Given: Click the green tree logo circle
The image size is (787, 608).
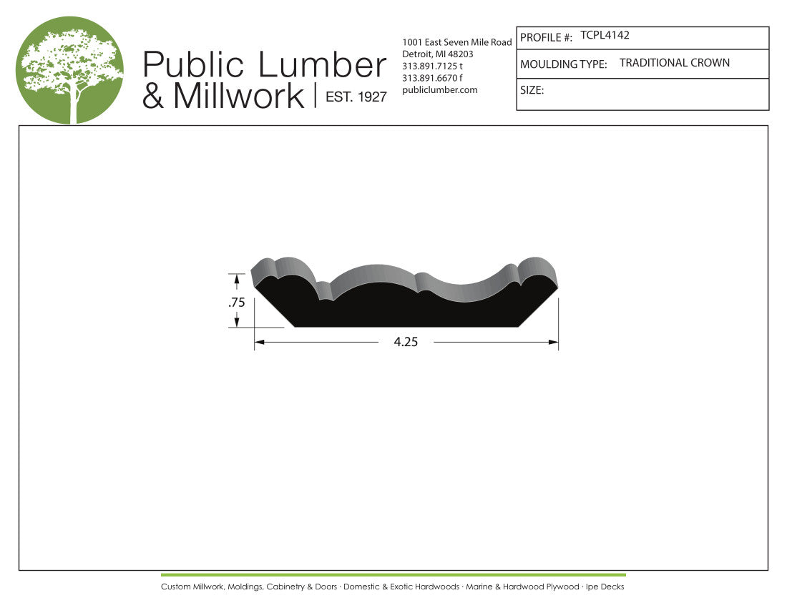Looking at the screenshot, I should pos(69,70).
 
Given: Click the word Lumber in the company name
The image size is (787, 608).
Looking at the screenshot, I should pos(322,65).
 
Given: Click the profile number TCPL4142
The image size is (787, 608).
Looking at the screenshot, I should pos(605,35).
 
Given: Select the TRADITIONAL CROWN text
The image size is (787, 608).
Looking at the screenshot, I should pos(675,63).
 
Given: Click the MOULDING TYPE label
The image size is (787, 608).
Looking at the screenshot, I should pos(563,64).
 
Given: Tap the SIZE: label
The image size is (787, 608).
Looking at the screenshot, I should pos(532,91).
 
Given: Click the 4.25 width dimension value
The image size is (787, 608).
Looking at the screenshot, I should pos(406,342).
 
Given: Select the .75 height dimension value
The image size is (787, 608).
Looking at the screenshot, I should pos(237,303).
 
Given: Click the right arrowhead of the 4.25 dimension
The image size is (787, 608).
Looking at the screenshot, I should pos(553,343).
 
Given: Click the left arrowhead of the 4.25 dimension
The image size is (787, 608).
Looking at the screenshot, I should pos(260,343).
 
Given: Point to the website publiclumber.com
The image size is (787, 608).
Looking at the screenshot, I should pos(440,90).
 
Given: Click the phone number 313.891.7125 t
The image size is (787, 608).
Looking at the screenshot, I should pos(433,66).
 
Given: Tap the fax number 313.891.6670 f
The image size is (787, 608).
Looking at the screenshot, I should pos(433,78).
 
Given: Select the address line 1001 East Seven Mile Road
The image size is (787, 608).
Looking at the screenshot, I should pos(457,42).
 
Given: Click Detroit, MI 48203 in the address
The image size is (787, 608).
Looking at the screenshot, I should pos(438,54).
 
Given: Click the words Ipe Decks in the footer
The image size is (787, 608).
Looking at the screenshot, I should pos(605,587).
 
